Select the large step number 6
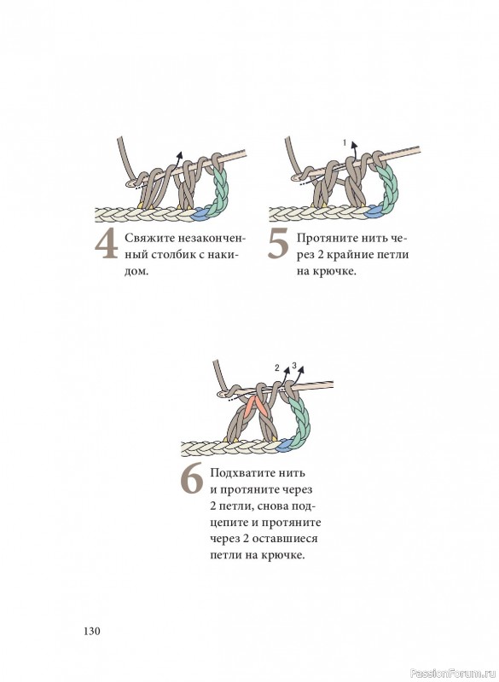click(192, 479)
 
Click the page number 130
click(92, 631)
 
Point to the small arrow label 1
click(345, 142)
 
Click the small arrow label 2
click(277, 368)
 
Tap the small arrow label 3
click(294, 366)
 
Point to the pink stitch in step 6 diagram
click(257, 407)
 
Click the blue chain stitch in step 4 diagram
click(201, 212)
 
